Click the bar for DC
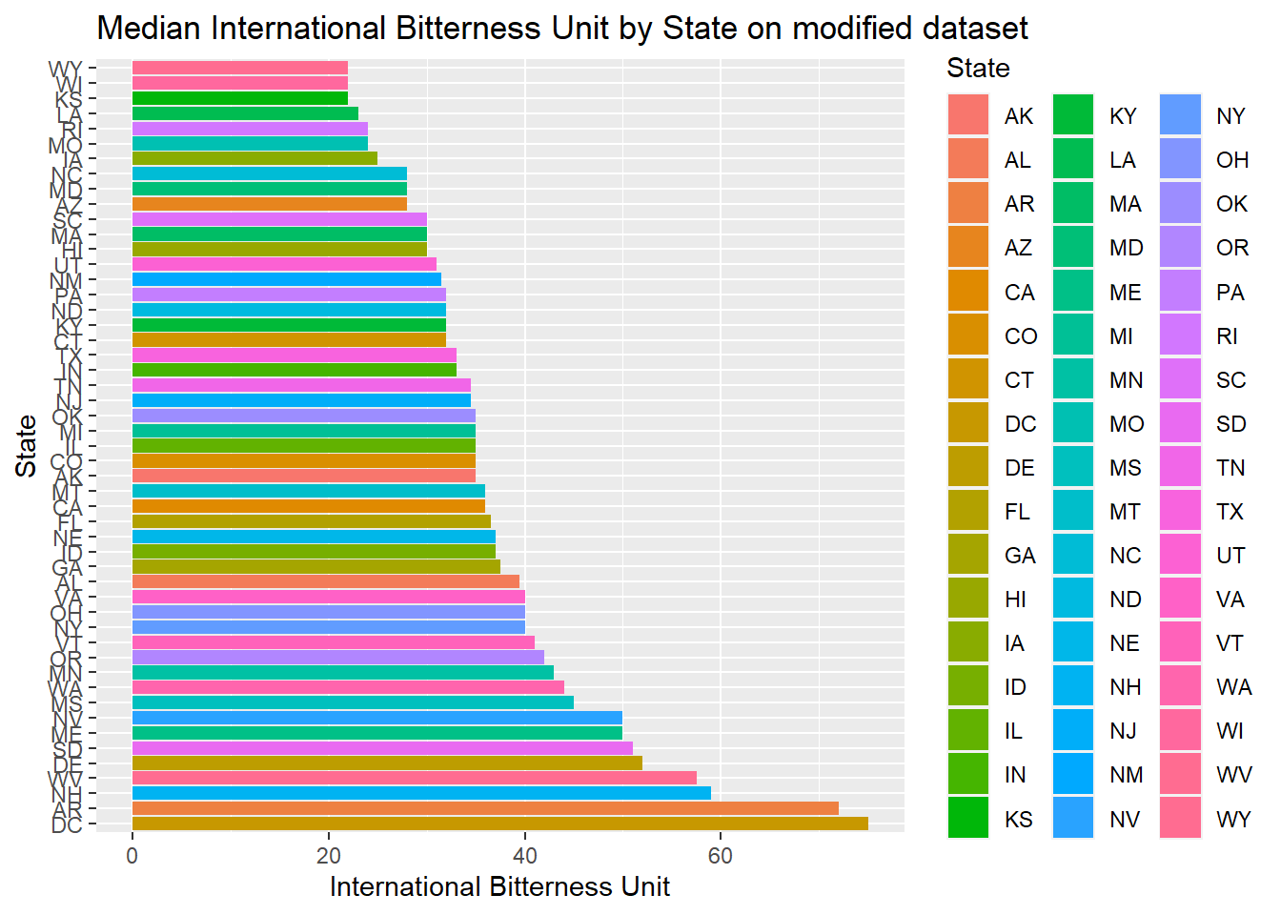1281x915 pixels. (x=499, y=823)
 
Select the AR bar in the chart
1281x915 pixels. (x=484, y=808)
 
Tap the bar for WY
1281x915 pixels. (x=239, y=68)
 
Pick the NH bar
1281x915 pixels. (x=420, y=793)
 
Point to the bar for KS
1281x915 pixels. (x=239, y=98)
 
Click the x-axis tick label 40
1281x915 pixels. (x=524, y=856)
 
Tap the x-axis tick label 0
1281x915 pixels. (x=132, y=856)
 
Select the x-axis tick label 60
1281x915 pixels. (x=721, y=856)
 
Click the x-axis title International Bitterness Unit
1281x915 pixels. (x=499, y=886)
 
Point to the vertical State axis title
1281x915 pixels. (x=26, y=446)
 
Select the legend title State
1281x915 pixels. (x=978, y=69)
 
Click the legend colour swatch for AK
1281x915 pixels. (x=968, y=115)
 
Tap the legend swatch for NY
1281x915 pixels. (x=1180, y=115)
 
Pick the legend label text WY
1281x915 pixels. (x=1233, y=820)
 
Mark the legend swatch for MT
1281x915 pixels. (x=1074, y=512)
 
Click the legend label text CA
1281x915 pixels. (x=1019, y=293)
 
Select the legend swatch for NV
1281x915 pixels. (x=1074, y=819)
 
